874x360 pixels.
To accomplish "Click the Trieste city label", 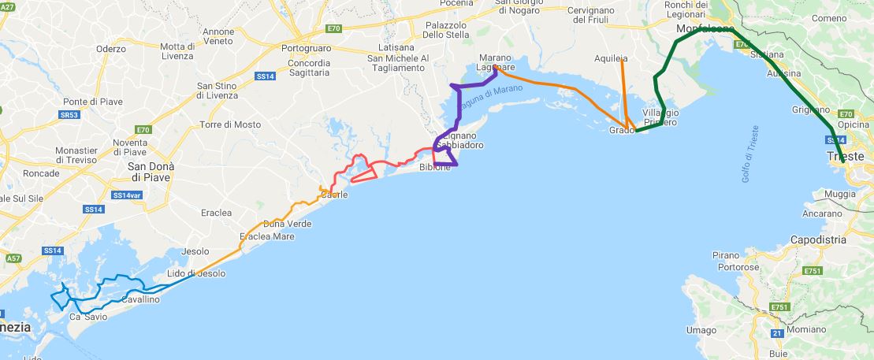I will click(846, 157).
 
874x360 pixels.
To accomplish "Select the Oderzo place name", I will click(111, 49).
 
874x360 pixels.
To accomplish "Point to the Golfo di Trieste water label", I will click(750, 154).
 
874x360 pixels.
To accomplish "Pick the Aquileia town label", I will click(611, 58).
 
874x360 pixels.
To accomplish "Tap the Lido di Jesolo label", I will click(196, 273).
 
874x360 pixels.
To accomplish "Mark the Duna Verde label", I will click(287, 224).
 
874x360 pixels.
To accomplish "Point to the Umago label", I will click(701, 330).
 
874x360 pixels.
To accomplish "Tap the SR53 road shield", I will click(69, 115).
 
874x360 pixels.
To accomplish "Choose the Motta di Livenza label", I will click(177, 51).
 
